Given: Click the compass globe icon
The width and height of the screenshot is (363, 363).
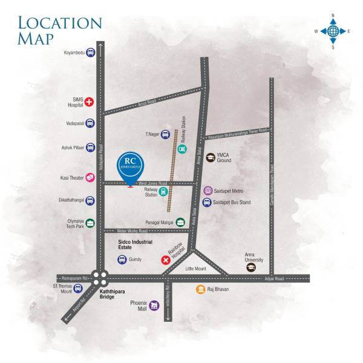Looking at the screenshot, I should tap(332, 30).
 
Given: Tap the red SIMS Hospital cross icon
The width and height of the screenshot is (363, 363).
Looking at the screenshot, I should tap(90, 102).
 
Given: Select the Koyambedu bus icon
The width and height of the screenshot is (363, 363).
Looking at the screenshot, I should tap(90, 53).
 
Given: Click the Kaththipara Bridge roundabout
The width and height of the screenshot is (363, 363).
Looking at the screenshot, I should tap(101, 278).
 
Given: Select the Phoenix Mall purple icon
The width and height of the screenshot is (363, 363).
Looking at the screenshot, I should tap(154, 306).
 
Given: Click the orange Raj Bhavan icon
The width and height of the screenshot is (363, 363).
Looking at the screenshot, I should tap(200, 290).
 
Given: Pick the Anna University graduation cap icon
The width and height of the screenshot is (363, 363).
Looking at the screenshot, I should tap(250, 267).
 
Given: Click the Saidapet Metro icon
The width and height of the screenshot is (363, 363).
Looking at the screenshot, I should tap(209, 191).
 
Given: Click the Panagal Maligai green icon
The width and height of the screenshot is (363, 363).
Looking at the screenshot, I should tap(180, 223).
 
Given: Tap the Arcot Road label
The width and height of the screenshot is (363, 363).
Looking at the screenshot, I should tap(147, 102).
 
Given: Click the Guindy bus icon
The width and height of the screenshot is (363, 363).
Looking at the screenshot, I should tap(122, 260).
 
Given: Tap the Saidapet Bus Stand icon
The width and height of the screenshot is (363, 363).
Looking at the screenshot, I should tap(209, 203).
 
